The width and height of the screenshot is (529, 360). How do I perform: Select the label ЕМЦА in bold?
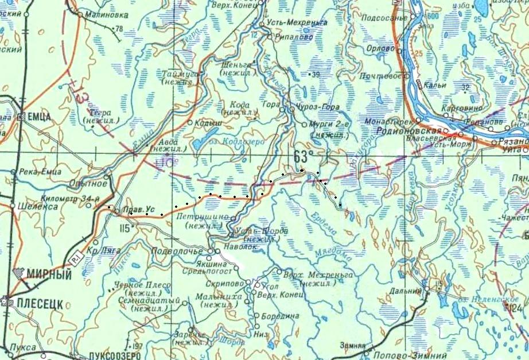(x=39, y=117)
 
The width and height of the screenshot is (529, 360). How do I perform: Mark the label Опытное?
(x=88, y=183)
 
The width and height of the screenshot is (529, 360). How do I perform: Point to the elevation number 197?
(x=137, y=347)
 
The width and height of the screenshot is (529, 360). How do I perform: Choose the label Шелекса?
(x=38, y=206)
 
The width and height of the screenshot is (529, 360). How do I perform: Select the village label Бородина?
(x=281, y=316)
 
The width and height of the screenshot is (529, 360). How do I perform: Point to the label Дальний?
(x=407, y=292)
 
